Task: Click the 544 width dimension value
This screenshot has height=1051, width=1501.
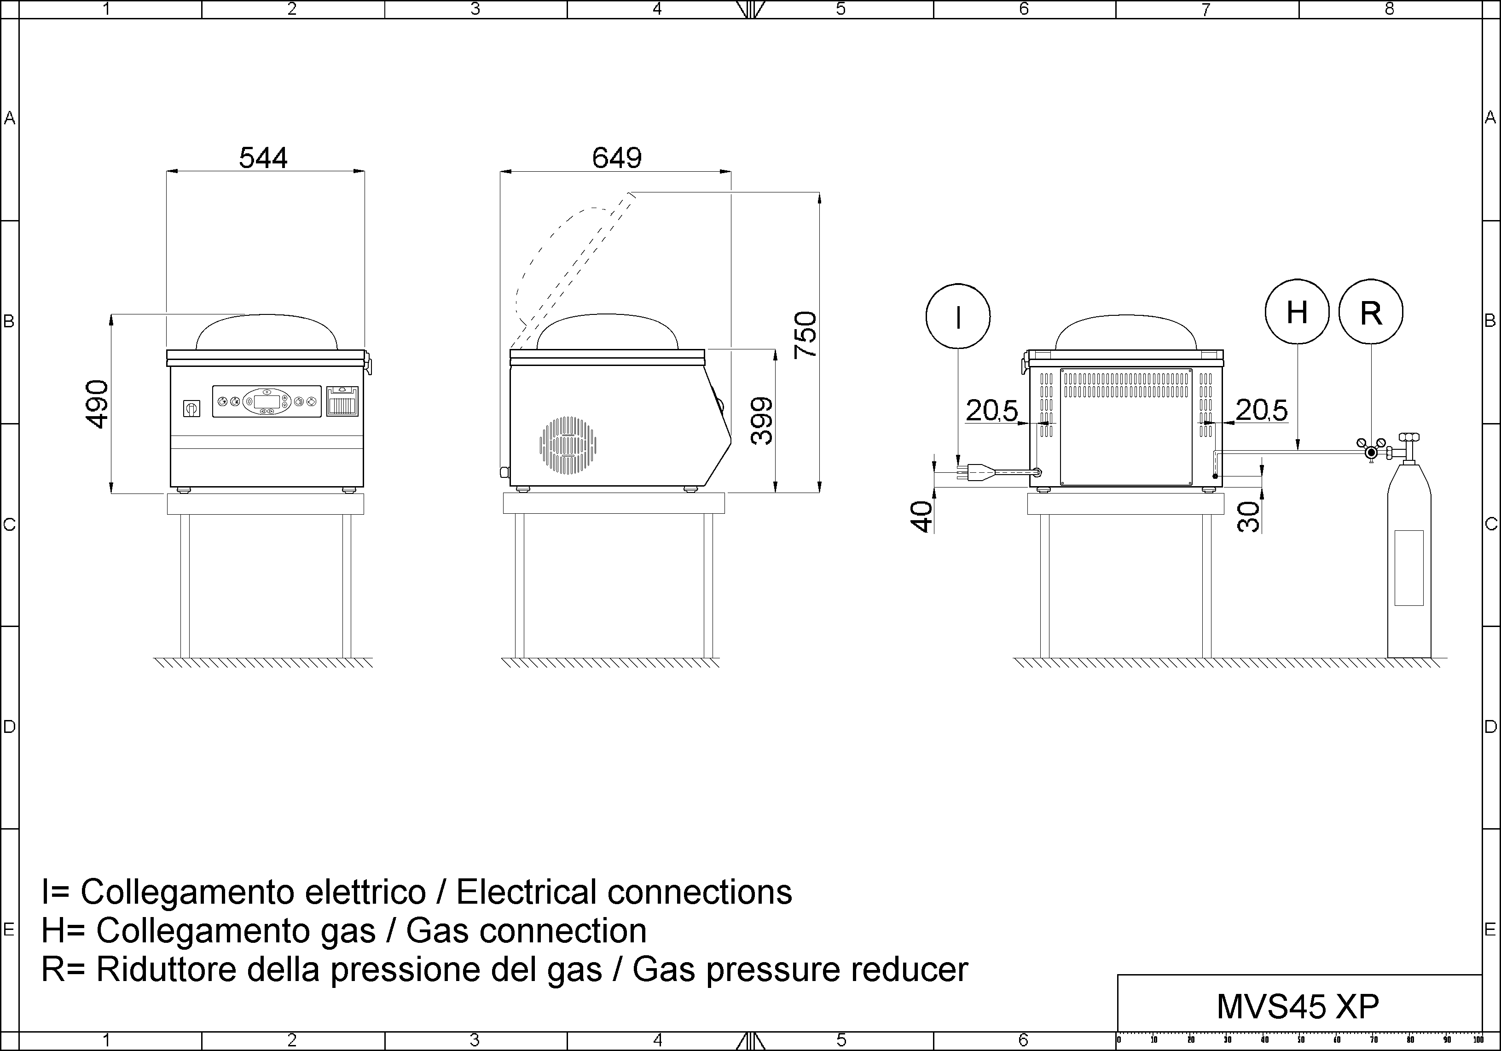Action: coord(263,157)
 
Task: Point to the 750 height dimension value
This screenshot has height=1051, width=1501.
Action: coord(806,335)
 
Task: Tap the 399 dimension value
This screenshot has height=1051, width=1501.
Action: coord(762,421)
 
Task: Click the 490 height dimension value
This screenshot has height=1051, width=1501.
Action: coord(98,404)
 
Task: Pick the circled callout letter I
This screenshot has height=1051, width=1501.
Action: coord(958,317)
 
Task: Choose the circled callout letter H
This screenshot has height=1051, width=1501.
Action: coord(1297,312)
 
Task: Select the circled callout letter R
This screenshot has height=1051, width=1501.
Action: coord(1371,313)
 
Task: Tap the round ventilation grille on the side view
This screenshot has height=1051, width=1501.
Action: coord(568,445)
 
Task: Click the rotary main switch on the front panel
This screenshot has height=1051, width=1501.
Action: coord(191,408)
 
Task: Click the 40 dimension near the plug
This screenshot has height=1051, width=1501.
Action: coord(922,517)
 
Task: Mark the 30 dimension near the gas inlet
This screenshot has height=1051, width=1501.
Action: coord(1249,517)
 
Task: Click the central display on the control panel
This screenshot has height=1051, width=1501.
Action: coord(266,401)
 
